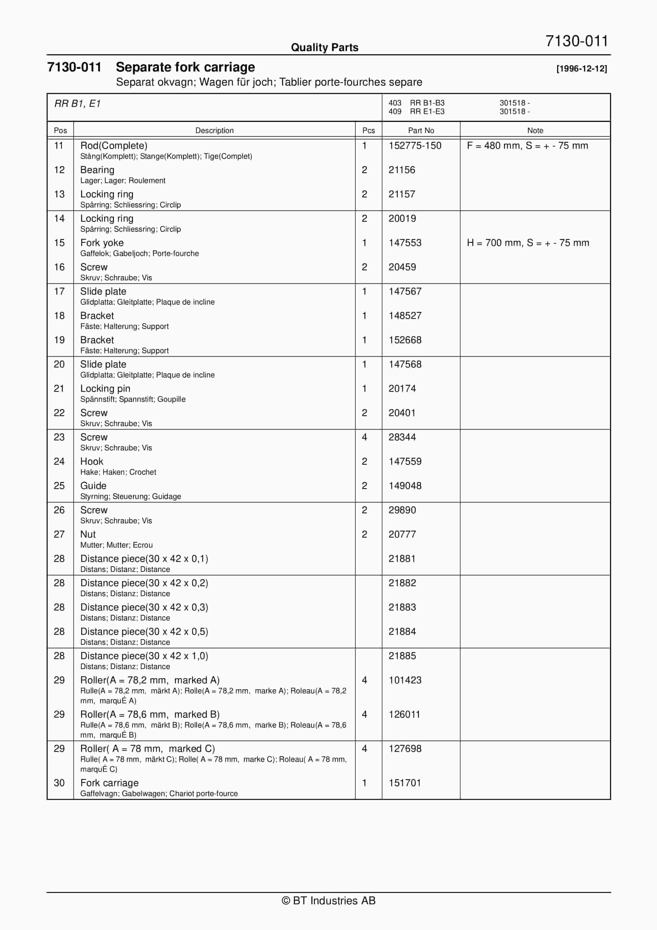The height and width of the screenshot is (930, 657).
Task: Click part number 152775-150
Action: click(x=415, y=146)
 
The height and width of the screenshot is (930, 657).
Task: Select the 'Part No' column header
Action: click(x=421, y=130)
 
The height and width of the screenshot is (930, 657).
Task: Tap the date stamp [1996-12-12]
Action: click(x=581, y=68)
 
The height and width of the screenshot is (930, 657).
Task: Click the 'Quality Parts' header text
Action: click(x=324, y=47)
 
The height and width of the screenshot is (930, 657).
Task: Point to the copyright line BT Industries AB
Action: click(x=328, y=900)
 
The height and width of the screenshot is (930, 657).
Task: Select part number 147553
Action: click(x=405, y=243)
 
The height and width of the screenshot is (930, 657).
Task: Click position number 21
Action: click(x=59, y=389)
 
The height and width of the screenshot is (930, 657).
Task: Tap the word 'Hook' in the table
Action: click(x=92, y=462)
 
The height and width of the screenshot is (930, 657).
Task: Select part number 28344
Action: click(x=402, y=437)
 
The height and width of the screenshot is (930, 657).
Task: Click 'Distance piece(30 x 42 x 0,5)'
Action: click(x=144, y=632)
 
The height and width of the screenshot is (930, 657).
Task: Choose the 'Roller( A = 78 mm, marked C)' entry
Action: click(x=147, y=749)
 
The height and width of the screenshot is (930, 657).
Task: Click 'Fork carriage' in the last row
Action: click(x=109, y=783)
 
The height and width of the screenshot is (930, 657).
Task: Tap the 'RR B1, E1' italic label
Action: click(x=77, y=104)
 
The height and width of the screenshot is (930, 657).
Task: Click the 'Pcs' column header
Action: click(x=368, y=130)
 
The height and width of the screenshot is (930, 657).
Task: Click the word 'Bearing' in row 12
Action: click(x=97, y=170)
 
